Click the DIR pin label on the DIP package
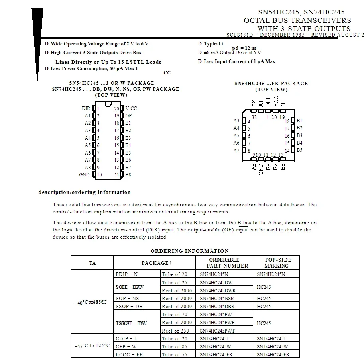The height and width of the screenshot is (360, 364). pyautogui.click(x=86, y=108)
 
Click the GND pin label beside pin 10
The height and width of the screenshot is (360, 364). pyautogui.click(x=84, y=175)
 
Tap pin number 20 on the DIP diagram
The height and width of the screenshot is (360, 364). pyautogui.click(x=116, y=108)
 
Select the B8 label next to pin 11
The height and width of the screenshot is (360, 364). pyautogui.click(x=128, y=175)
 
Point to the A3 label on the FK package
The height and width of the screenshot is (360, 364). pyautogui.click(x=236, y=121)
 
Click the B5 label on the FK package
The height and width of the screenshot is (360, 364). pyautogui.click(x=299, y=150)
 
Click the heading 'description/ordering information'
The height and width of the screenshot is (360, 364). pyautogui.click(x=85, y=192)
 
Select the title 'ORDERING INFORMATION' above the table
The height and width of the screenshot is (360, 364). pyautogui.click(x=189, y=251)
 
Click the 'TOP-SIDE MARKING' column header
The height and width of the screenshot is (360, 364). pyautogui.click(x=276, y=263)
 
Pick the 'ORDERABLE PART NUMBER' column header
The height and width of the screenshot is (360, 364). pyautogui.click(x=224, y=263)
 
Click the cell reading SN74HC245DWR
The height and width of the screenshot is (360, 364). pyautogui.click(x=218, y=290)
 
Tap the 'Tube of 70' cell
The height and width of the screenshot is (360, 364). pyautogui.click(x=174, y=315)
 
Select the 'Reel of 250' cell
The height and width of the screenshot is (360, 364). pyautogui.click(x=176, y=331)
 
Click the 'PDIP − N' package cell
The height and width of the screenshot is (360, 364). pyautogui.click(x=126, y=274)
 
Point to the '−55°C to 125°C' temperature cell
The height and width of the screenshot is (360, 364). pyautogui.click(x=92, y=346)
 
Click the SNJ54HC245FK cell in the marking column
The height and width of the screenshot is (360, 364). pyautogui.click(x=273, y=354)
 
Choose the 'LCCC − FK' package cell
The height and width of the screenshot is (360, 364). pyautogui.click(x=129, y=354)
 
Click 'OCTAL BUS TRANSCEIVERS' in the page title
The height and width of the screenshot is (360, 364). pyautogui.click(x=297, y=20)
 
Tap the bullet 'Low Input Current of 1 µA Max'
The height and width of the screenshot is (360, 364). pyautogui.click(x=239, y=61)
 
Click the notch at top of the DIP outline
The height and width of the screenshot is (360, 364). pyautogui.click(x=108, y=104)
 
